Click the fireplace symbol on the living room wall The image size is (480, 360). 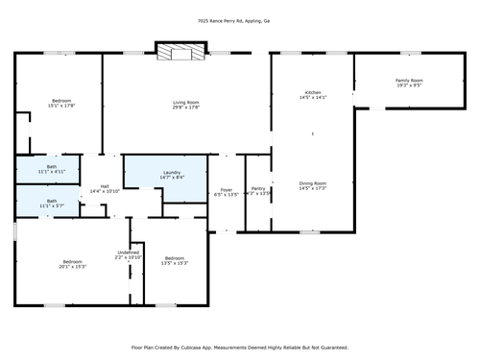coord(180,54)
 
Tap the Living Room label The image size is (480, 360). coord(185,102)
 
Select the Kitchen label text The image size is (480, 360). coord(313,92)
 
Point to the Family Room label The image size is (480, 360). coord(409,81)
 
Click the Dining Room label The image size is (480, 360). coord(313,182)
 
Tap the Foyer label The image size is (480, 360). coord(227,189)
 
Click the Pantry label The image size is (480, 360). coord(258,189)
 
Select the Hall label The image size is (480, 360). coord(105,186)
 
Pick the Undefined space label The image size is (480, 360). coord(129,252)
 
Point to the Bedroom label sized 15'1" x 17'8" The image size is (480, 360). coord(60,101)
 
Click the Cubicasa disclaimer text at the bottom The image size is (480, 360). coord(239,348)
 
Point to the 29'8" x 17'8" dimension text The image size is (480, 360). coord(185,107)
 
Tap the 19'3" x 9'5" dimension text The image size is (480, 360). coord(409,85)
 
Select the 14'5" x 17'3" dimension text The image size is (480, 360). coord(313,187)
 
